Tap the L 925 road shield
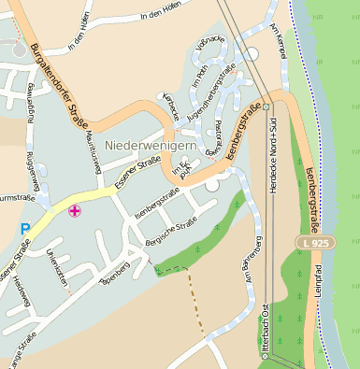point(317,244)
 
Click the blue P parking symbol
point(25,228)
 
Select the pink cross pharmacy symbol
point(75,212)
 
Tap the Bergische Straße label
point(170,233)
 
